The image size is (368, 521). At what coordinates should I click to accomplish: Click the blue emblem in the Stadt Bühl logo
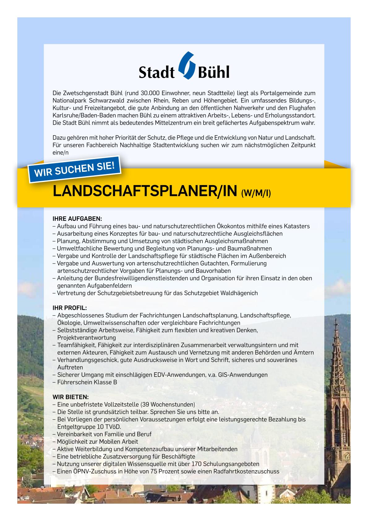pos(185,66)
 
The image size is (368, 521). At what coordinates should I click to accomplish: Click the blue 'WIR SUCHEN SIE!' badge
pos(74,169)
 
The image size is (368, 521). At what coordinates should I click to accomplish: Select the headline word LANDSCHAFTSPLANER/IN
pos(145,192)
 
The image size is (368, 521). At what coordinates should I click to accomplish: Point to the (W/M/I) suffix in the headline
pos(256,193)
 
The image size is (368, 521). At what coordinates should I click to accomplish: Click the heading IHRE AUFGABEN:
pos(77,219)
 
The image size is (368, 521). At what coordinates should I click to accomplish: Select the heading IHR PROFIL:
pos(70,308)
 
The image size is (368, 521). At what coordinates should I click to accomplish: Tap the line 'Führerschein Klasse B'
pos(87,382)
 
